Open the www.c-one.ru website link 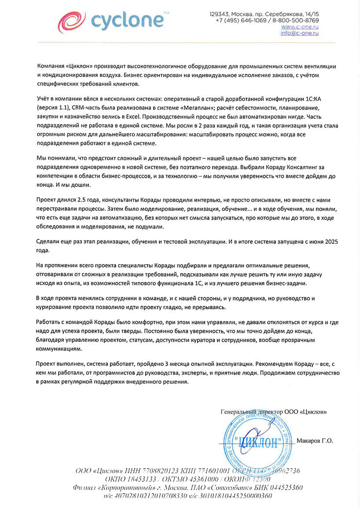pyautogui.click(x=299, y=27)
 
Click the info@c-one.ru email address pyautogui.click(x=299, y=33)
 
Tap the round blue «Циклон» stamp pyautogui.click(x=255, y=440)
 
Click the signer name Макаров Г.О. pyautogui.click(x=315, y=440)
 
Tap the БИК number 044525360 pyautogui.click(x=285, y=488)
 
